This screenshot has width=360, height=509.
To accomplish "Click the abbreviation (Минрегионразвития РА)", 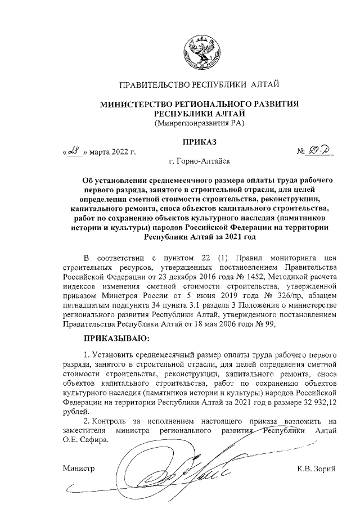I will (200, 123).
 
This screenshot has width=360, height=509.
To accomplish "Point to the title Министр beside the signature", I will (79, 469).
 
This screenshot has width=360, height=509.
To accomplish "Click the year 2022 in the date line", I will (119, 152).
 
